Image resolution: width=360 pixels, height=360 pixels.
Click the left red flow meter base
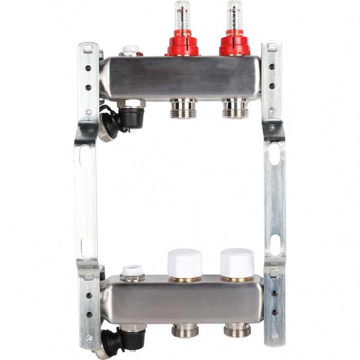click(182, 45)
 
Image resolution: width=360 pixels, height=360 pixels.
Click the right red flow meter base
click(235, 45)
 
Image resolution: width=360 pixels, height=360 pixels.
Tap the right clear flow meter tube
click(235, 15)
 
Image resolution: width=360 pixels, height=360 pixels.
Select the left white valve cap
click(184, 264)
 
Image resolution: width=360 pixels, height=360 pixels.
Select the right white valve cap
click(237, 263)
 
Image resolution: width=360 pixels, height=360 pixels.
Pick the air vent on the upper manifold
click(131, 51)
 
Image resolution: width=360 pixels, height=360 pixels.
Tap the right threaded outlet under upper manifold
click(235, 109)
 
